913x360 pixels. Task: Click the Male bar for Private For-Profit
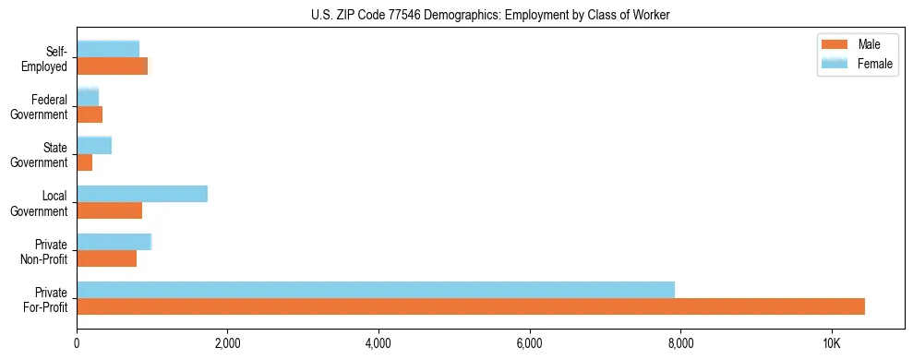point(471,306)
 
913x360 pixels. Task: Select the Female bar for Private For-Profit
point(376,289)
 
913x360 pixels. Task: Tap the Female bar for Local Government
point(142,194)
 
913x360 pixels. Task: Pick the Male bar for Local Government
point(109,210)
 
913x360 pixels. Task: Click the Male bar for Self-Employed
point(112,66)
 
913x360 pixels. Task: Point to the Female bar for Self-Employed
point(108,49)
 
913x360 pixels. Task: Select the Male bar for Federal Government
point(90,114)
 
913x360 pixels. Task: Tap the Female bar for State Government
point(94,145)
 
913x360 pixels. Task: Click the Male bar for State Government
point(85,162)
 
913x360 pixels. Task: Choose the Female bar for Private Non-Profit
point(114,241)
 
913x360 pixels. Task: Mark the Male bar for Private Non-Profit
point(106,258)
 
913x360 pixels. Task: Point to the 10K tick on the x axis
point(831,343)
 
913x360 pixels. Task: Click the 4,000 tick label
point(378,343)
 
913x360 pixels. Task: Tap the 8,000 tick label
point(680,343)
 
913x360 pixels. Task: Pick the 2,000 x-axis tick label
point(227,343)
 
